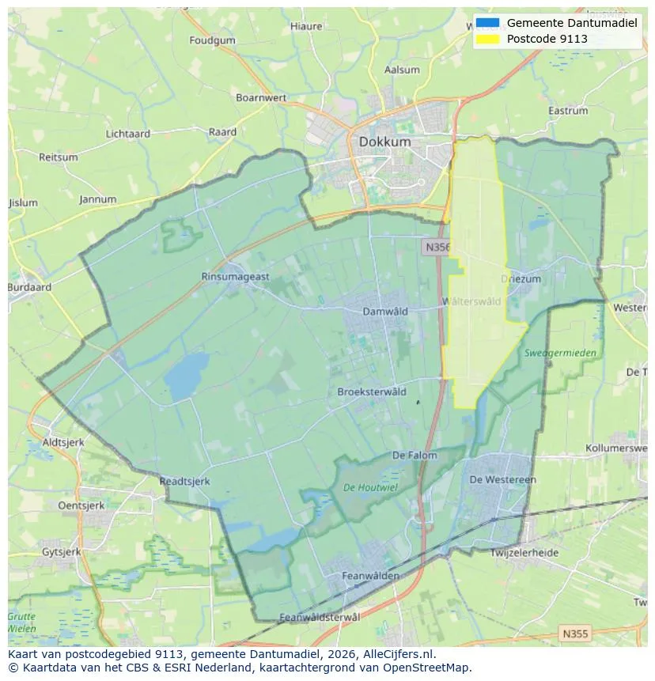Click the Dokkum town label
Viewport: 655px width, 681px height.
(384, 142)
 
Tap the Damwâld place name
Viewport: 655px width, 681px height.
(384, 312)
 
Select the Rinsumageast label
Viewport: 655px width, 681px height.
(235, 277)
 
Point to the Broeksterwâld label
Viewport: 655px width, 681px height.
(372, 392)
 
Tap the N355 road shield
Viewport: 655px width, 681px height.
(574, 634)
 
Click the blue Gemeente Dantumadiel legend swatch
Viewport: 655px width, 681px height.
(488, 23)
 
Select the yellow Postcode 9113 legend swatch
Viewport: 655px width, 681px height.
(488, 39)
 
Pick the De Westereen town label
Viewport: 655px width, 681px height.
(502, 479)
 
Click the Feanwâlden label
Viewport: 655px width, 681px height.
(370, 577)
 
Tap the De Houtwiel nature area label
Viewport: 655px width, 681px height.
(371, 487)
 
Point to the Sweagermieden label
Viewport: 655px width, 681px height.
(560, 353)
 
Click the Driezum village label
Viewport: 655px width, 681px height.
(521, 279)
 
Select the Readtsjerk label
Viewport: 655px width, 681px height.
(184, 480)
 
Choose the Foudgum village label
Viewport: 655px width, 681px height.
(213, 40)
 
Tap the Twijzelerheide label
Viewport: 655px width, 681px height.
(524, 553)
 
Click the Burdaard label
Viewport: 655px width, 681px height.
(29, 288)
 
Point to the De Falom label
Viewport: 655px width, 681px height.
(415, 456)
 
